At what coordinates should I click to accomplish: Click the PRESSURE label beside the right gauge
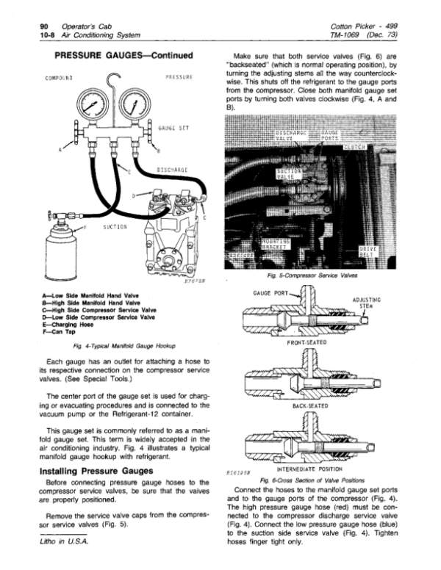[179, 76]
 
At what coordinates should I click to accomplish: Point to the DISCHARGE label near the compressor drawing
[173, 171]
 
